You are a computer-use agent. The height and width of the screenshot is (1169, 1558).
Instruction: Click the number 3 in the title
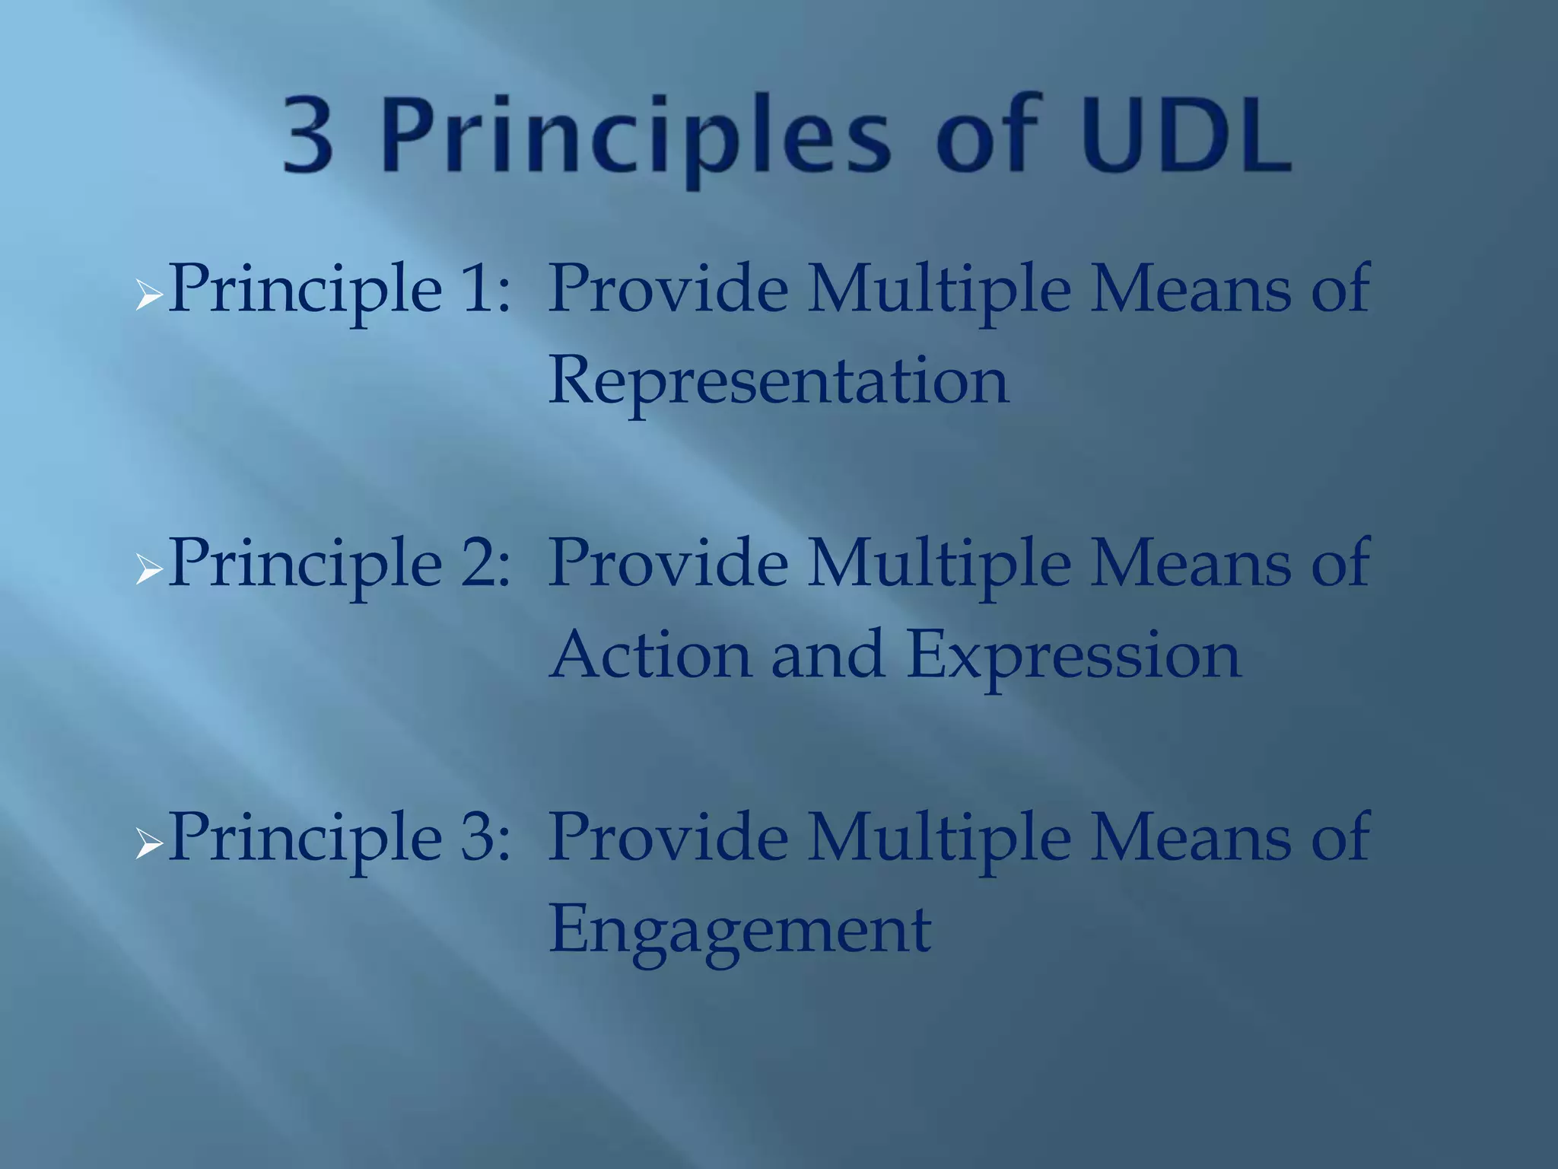pyautogui.click(x=308, y=135)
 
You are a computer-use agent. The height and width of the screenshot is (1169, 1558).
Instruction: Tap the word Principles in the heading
pyautogui.click(x=635, y=137)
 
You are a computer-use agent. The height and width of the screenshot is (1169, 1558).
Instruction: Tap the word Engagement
pyautogui.click(x=739, y=930)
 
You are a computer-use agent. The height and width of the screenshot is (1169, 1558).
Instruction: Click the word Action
pyautogui.click(x=651, y=655)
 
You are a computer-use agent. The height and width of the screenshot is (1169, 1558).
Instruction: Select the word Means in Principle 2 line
pyautogui.click(x=1191, y=563)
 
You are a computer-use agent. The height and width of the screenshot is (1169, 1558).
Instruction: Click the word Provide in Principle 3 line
pyautogui.click(x=668, y=837)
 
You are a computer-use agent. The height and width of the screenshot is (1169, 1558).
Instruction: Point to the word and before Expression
pyautogui.click(x=828, y=655)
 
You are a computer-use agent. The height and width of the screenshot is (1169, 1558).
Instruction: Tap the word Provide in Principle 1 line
pyautogui.click(x=668, y=289)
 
